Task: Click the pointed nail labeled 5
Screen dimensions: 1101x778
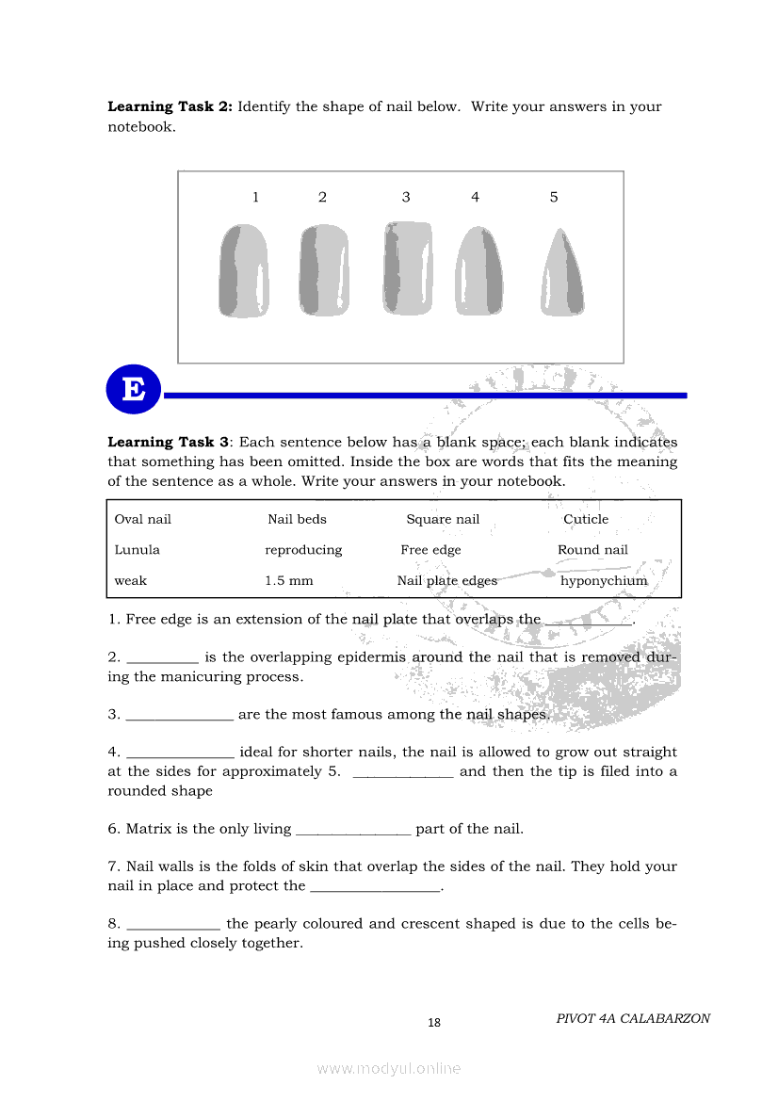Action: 563,272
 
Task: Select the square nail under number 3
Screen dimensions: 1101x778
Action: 408,267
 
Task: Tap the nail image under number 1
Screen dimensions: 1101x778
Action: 244,270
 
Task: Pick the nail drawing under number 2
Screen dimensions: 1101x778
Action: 325,269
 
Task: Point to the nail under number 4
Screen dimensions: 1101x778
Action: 479,270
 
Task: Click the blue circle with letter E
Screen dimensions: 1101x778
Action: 134,390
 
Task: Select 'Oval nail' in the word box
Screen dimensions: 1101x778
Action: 143,519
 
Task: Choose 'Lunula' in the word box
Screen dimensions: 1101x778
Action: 138,550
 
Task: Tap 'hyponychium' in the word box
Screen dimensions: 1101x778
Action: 604,581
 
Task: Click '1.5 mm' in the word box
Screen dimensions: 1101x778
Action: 289,581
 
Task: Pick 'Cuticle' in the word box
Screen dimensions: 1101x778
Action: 586,519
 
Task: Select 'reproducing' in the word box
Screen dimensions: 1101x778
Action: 303,550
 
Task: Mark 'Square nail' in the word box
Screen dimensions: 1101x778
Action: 443,519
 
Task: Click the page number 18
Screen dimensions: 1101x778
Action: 434,1023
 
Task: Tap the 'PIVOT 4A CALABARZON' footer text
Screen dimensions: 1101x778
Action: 633,1018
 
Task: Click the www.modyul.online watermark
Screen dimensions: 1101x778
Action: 389,1068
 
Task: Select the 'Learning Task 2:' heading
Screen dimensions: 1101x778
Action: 170,106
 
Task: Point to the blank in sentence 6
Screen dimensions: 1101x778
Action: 353,831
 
